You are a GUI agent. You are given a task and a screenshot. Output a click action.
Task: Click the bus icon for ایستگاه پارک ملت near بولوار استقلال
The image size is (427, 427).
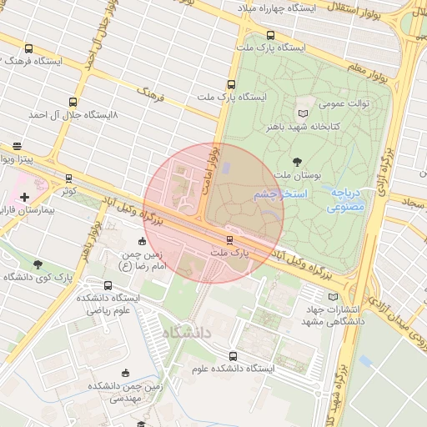tap(270, 35)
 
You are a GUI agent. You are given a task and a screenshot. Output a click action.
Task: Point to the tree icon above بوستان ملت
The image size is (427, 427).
tap(297, 160)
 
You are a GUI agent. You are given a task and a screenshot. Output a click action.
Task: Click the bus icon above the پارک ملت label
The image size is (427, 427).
tap(229, 240)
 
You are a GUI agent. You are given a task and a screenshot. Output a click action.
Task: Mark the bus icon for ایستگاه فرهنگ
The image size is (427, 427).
tap(29, 48)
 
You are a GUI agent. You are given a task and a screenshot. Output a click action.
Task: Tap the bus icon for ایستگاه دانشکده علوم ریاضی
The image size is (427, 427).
tap(108, 286)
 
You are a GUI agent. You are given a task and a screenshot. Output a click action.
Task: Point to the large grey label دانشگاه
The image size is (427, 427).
tap(188, 334)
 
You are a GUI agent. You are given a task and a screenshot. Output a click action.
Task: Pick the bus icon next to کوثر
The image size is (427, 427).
tap(68, 178)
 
